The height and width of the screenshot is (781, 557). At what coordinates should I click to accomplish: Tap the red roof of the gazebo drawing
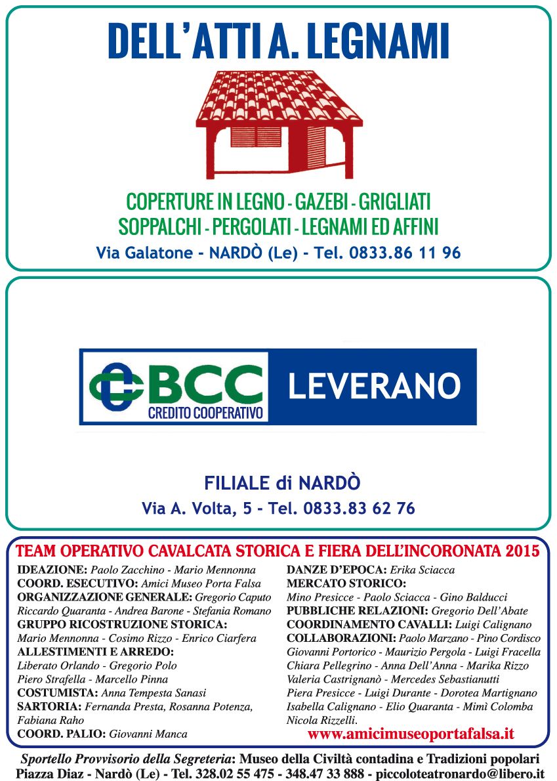pyautogui.click(x=279, y=98)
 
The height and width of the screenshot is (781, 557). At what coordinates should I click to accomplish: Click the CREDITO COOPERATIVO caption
pyautogui.click(x=205, y=413)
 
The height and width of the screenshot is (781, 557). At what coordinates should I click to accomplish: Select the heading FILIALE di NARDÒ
pyautogui.click(x=282, y=484)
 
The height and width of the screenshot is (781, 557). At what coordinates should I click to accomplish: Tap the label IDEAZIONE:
pyautogui.click(x=52, y=570)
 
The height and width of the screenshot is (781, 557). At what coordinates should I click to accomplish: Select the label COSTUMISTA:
pyautogui.click(x=58, y=693)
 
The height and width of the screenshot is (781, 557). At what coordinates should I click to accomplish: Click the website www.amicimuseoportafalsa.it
pyautogui.click(x=410, y=733)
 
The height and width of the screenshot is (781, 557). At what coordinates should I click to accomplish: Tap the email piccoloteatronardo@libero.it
pyautogui.click(x=456, y=774)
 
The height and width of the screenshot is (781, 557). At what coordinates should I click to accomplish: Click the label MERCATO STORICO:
pyautogui.click(x=346, y=583)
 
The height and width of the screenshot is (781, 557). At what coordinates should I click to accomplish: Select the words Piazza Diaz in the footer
pyautogui.click(x=45, y=774)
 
